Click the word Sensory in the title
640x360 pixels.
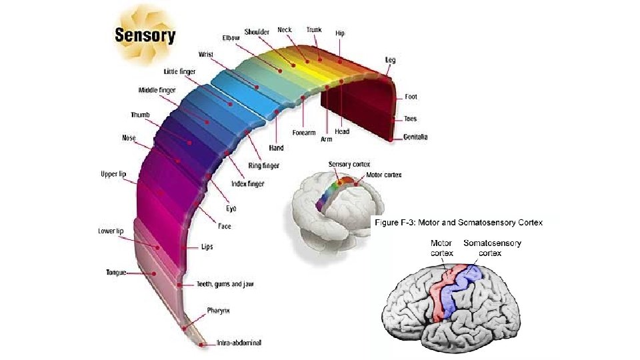click(145, 35)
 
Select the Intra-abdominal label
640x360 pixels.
click(239, 343)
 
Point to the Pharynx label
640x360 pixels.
click(219, 311)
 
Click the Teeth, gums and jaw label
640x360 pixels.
click(225, 284)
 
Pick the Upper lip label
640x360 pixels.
click(113, 174)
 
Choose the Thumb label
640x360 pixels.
click(140, 115)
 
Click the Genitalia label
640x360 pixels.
click(415, 137)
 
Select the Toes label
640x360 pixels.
click(410, 119)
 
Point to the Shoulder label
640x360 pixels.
click(256, 31)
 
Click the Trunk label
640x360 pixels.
click(314, 30)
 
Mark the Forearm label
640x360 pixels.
click(303, 132)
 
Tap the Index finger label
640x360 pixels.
click(247, 183)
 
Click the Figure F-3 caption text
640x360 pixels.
click(459, 222)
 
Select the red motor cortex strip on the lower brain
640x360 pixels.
click(440, 293)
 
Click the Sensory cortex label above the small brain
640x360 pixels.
click(349, 164)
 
